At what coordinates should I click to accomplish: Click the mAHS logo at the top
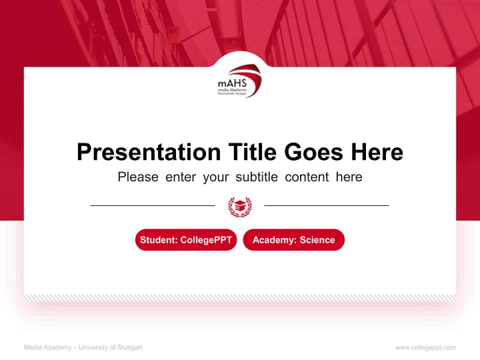tap(239, 80)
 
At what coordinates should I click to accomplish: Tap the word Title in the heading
tap(252, 152)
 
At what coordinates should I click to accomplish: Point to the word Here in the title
tap(376, 152)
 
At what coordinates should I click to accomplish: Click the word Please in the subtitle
tap(138, 177)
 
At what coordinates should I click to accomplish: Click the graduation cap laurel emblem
tap(239, 206)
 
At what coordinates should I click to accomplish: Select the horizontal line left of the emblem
tap(152, 205)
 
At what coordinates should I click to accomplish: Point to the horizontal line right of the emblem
tap(326, 205)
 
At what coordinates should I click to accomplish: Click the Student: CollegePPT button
tap(186, 240)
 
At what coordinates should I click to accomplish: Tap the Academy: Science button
tap(293, 240)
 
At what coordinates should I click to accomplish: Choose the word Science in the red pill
tap(317, 240)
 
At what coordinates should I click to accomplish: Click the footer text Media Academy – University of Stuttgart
tap(83, 347)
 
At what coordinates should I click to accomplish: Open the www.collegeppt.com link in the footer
tap(425, 347)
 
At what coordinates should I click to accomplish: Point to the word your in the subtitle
tap(215, 177)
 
